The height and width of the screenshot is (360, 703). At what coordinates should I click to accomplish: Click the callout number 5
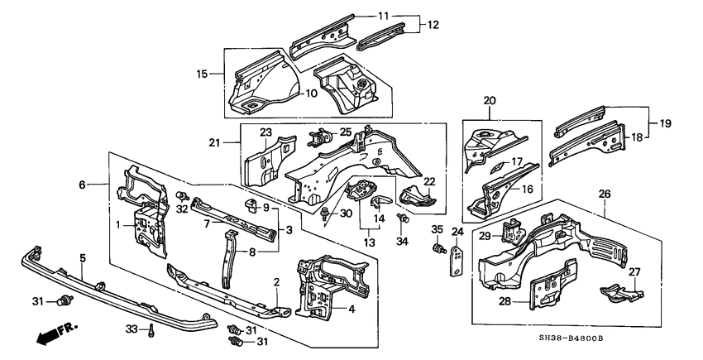pyautogui.click(x=83, y=258)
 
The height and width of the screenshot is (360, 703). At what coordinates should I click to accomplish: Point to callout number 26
pyautogui.click(x=604, y=195)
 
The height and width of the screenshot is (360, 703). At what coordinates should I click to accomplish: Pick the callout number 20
pyautogui.click(x=490, y=101)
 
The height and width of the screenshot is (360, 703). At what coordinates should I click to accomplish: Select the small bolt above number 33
pyautogui.click(x=154, y=330)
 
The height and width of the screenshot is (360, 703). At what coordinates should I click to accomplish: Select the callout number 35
pyautogui.click(x=438, y=229)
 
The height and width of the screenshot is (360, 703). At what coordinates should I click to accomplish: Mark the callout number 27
pyautogui.click(x=635, y=272)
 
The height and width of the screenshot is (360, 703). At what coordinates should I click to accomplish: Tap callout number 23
pyautogui.click(x=265, y=132)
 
